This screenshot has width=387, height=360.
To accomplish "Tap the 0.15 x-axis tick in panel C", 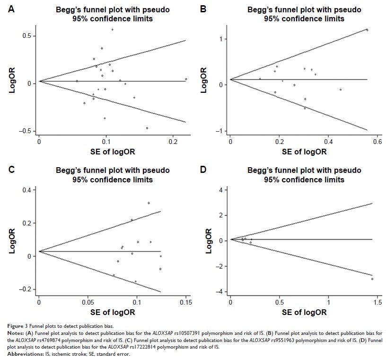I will coord(186,301).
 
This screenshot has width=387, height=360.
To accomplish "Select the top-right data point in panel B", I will coord(367,30).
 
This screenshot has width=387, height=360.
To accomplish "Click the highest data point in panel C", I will coord(149,203).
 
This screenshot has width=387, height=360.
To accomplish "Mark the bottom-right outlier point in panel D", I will coord(372,279).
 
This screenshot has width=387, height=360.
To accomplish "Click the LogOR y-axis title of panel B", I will coord(205,79).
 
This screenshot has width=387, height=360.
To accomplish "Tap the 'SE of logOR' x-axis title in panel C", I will coord(112,312).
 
